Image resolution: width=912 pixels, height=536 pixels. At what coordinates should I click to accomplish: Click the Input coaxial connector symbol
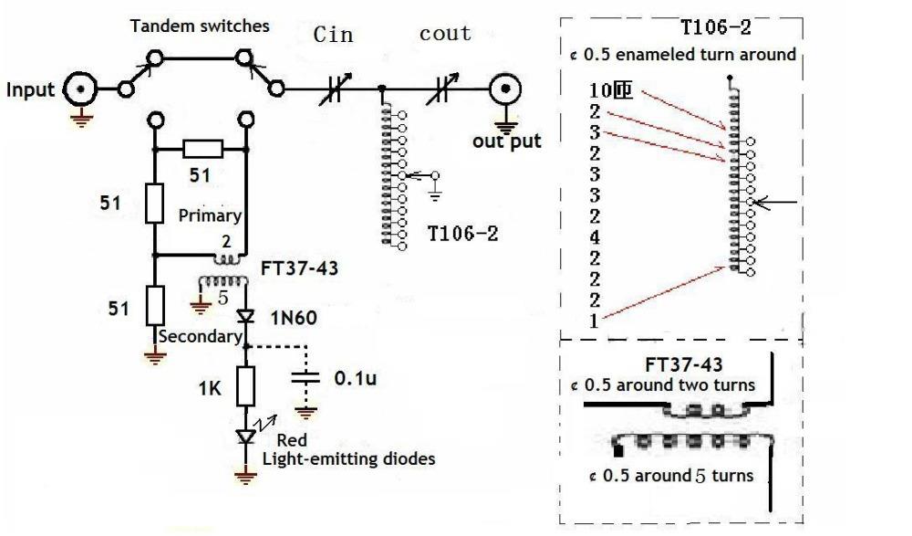(x=79, y=89)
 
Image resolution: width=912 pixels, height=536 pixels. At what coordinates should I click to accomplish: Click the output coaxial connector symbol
(x=505, y=89)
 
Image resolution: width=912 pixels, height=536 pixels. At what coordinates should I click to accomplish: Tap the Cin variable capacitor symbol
(x=335, y=89)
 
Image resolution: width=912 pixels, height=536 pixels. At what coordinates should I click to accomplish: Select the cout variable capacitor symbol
(x=441, y=89)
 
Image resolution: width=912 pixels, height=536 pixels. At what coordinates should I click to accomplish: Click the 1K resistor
(x=246, y=386)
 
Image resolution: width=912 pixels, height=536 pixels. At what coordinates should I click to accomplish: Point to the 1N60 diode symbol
(x=245, y=316)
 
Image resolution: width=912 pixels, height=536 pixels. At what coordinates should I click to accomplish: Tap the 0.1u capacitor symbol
(x=306, y=377)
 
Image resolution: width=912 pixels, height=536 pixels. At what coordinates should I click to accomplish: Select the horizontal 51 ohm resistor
(x=202, y=149)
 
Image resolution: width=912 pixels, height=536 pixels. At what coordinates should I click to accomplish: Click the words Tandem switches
(x=200, y=26)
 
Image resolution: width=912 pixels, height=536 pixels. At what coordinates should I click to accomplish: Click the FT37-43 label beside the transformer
(x=299, y=268)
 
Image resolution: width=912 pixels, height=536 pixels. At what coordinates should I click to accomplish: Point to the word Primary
(x=210, y=215)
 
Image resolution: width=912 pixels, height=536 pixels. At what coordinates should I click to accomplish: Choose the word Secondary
(x=200, y=336)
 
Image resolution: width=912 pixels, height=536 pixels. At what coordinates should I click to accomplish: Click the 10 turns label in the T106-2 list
(x=610, y=90)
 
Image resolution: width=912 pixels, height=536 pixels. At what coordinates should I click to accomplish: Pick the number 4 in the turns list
(x=594, y=237)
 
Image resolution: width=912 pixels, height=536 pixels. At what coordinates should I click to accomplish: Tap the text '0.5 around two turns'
(x=668, y=385)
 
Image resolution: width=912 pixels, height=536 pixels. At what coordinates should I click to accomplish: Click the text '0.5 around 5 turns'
(x=678, y=476)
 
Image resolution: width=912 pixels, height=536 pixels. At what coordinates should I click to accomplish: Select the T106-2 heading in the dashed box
(x=715, y=26)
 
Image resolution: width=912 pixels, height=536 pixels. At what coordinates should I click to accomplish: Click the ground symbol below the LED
(x=245, y=478)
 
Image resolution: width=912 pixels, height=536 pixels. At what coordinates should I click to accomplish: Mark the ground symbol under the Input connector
(x=81, y=120)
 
